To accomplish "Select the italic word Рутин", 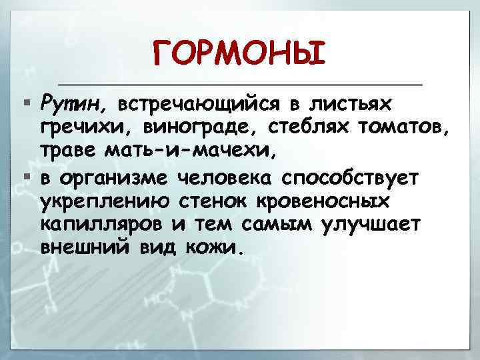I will pos(69,104).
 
